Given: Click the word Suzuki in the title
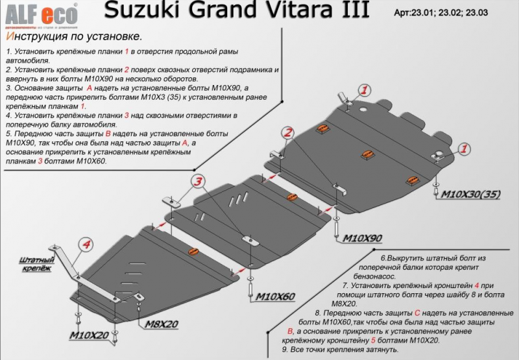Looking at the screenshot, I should point(137,10).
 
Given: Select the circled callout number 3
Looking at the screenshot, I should point(199,182).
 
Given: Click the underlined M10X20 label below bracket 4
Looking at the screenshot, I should point(90,335).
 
